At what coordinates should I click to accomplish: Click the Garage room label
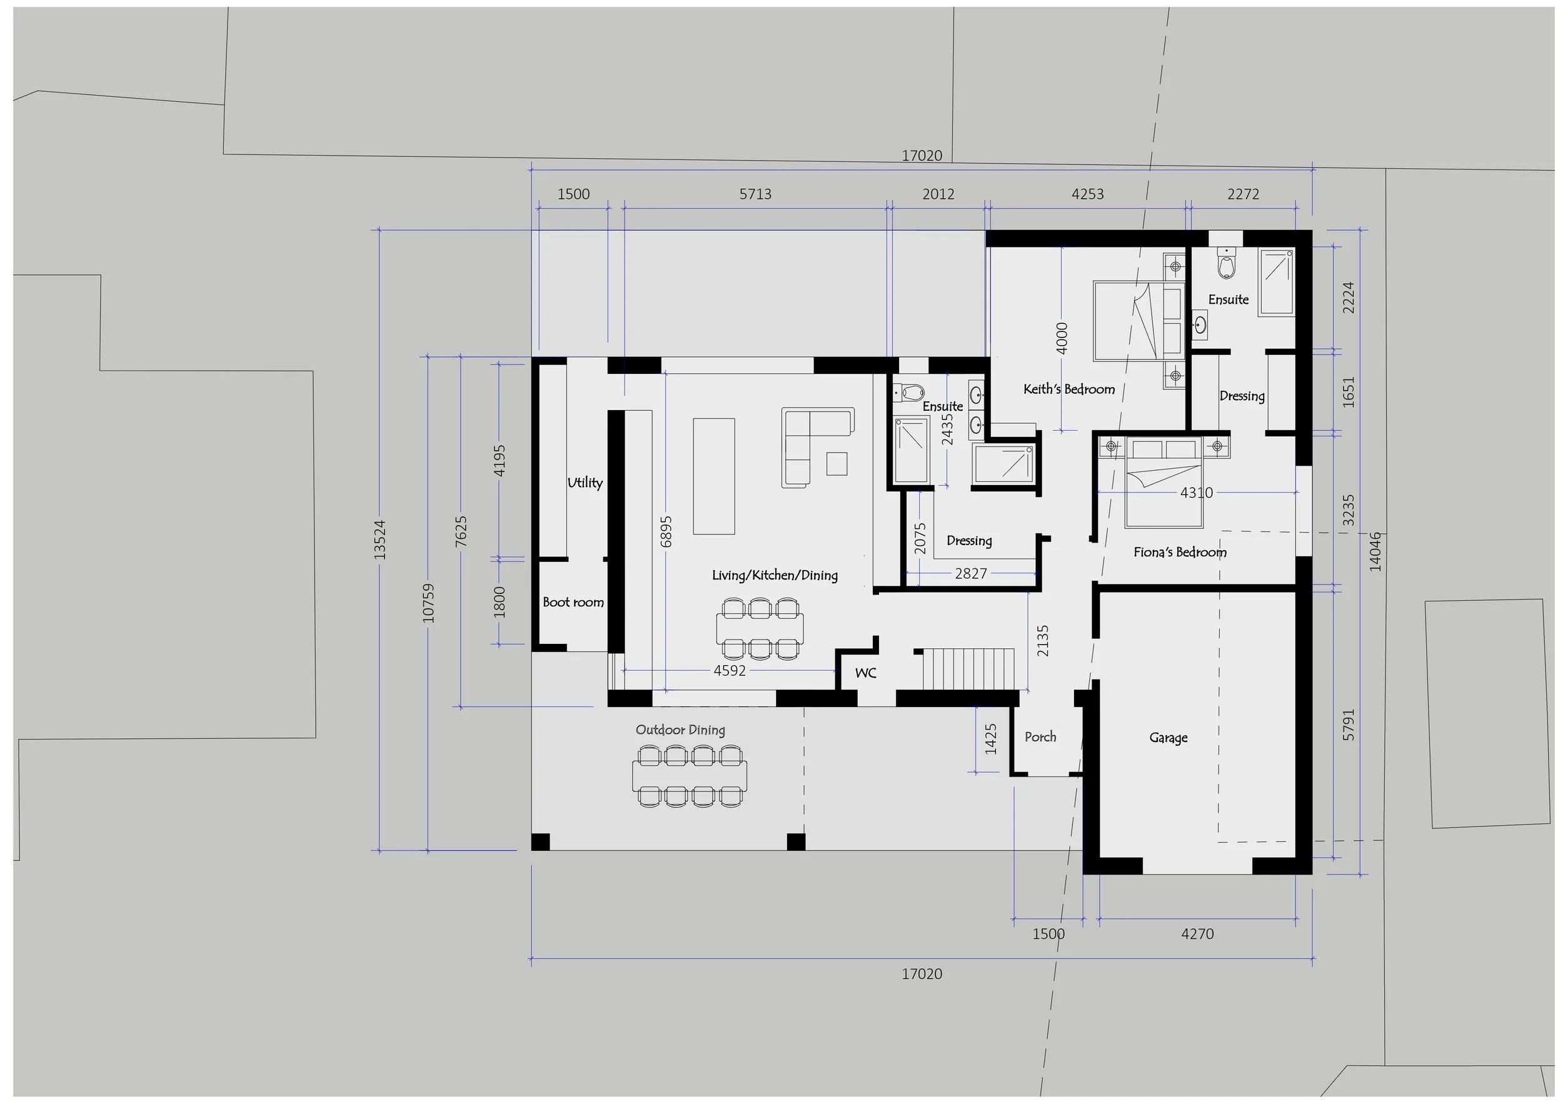click(1168, 738)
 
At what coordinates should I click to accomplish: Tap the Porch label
click(1040, 737)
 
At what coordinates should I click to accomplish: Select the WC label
click(865, 673)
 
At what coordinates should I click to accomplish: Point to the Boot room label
click(573, 602)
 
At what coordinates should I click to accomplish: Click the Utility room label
click(585, 483)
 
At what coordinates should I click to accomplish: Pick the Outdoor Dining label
click(680, 730)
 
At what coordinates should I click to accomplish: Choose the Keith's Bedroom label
click(1068, 389)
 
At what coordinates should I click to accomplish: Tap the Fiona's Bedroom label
click(1179, 552)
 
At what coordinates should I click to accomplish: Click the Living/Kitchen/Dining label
click(775, 575)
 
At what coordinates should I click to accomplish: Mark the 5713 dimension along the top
click(755, 194)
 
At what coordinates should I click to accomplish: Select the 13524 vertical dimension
click(380, 540)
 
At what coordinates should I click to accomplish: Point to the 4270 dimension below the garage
click(1197, 933)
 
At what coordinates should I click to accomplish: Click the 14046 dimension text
click(1375, 551)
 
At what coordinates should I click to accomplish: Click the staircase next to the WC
click(969, 670)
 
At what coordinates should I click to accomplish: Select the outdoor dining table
click(690, 776)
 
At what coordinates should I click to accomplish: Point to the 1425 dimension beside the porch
click(991, 739)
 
